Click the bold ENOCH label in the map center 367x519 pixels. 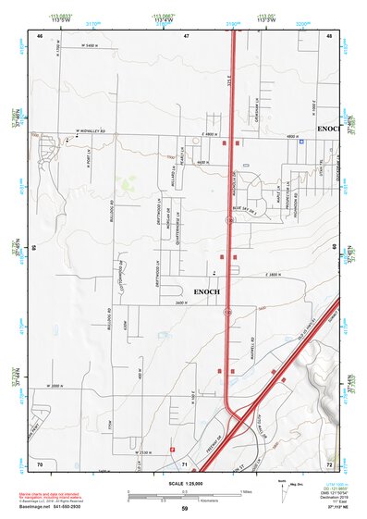(206, 291)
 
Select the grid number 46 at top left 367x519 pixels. (40, 35)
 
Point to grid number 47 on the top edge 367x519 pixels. (186, 35)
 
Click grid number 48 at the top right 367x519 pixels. (330, 35)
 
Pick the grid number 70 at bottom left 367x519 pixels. (40, 462)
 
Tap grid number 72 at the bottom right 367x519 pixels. (330, 462)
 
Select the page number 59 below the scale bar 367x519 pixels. (185, 509)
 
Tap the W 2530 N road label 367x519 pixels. (139, 452)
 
